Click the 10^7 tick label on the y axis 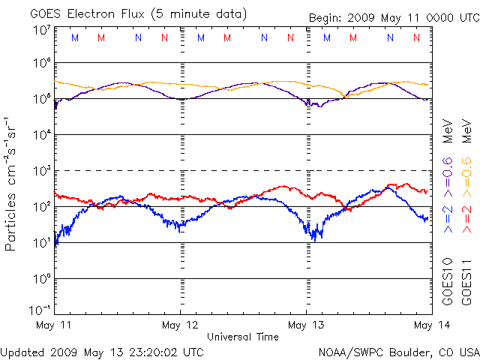[x=41, y=30]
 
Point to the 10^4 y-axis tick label [x=41, y=135]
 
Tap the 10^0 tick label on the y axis [x=41, y=279]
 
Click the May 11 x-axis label [x=55, y=325]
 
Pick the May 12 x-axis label [x=181, y=325]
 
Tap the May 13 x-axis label [x=307, y=325]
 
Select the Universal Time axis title [x=243, y=337]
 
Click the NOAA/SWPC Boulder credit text [x=398, y=351]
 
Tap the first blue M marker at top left [x=73, y=37]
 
